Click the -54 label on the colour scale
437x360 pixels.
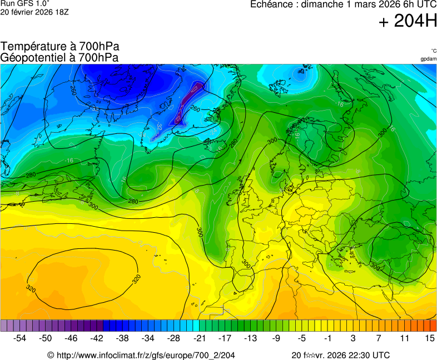tap(20, 338)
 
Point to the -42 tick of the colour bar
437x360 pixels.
tap(97, 338)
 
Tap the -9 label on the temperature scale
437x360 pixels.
tap(276, 338)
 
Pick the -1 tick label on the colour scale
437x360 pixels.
tap(327, 338)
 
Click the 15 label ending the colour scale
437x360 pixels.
tap(429, 338)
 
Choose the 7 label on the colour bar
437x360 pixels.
tap(378, 338)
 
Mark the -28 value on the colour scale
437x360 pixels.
tap(173, 338)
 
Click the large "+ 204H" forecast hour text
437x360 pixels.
tap(408, 22)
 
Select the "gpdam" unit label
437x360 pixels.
tap(428, 59)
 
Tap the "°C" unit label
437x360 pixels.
tap(433, 51)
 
